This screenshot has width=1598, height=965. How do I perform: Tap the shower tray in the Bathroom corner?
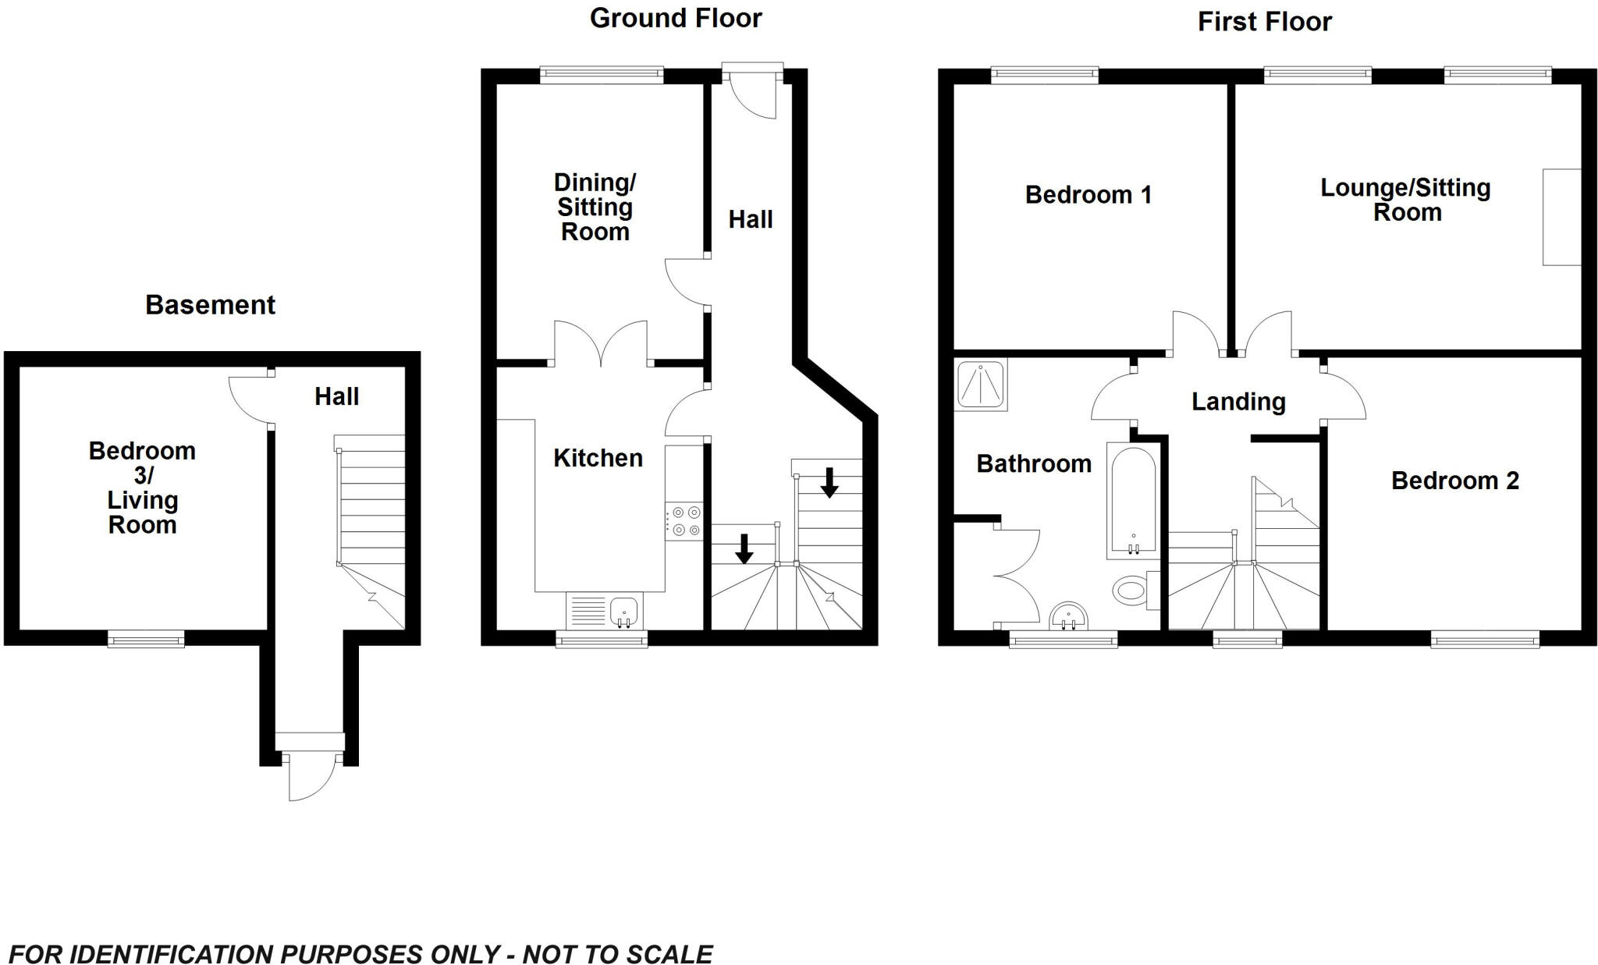pyautogui.click(x=981, y=384)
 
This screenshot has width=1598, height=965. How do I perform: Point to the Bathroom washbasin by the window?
pyautogui.click(x=1068, y=616)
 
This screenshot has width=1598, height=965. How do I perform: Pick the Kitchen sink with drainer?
pyautogui.click(x=603, y=611)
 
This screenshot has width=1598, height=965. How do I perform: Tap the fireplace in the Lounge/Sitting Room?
pyautogui.click(x=1562, y=217)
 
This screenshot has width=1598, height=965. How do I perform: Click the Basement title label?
pyautogui.click(x=210, y=305)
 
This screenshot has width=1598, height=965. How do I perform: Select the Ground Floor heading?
pyautogui.click(x=675, y=18)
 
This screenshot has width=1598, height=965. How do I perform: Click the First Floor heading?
pyautogui.click(x=1264, y=22)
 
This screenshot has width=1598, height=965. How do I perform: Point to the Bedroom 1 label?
pyautogui.click(x=1088, y=194)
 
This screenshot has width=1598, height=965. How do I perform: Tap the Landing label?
pyautogui.click(x=1238, y=402)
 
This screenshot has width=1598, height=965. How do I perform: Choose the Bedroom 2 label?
pyautogui.click(x=1454, y=481)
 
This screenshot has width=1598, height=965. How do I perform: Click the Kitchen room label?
pyautogui.click(x=598, y=458)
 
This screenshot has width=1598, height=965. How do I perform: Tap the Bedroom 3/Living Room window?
pyautogui.click(x=146, y=640)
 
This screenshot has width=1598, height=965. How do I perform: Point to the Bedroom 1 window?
pyautogui.click(x=1045, y=76)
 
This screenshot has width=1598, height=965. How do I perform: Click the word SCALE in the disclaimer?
pyautogui.click(x=670, y=954)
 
